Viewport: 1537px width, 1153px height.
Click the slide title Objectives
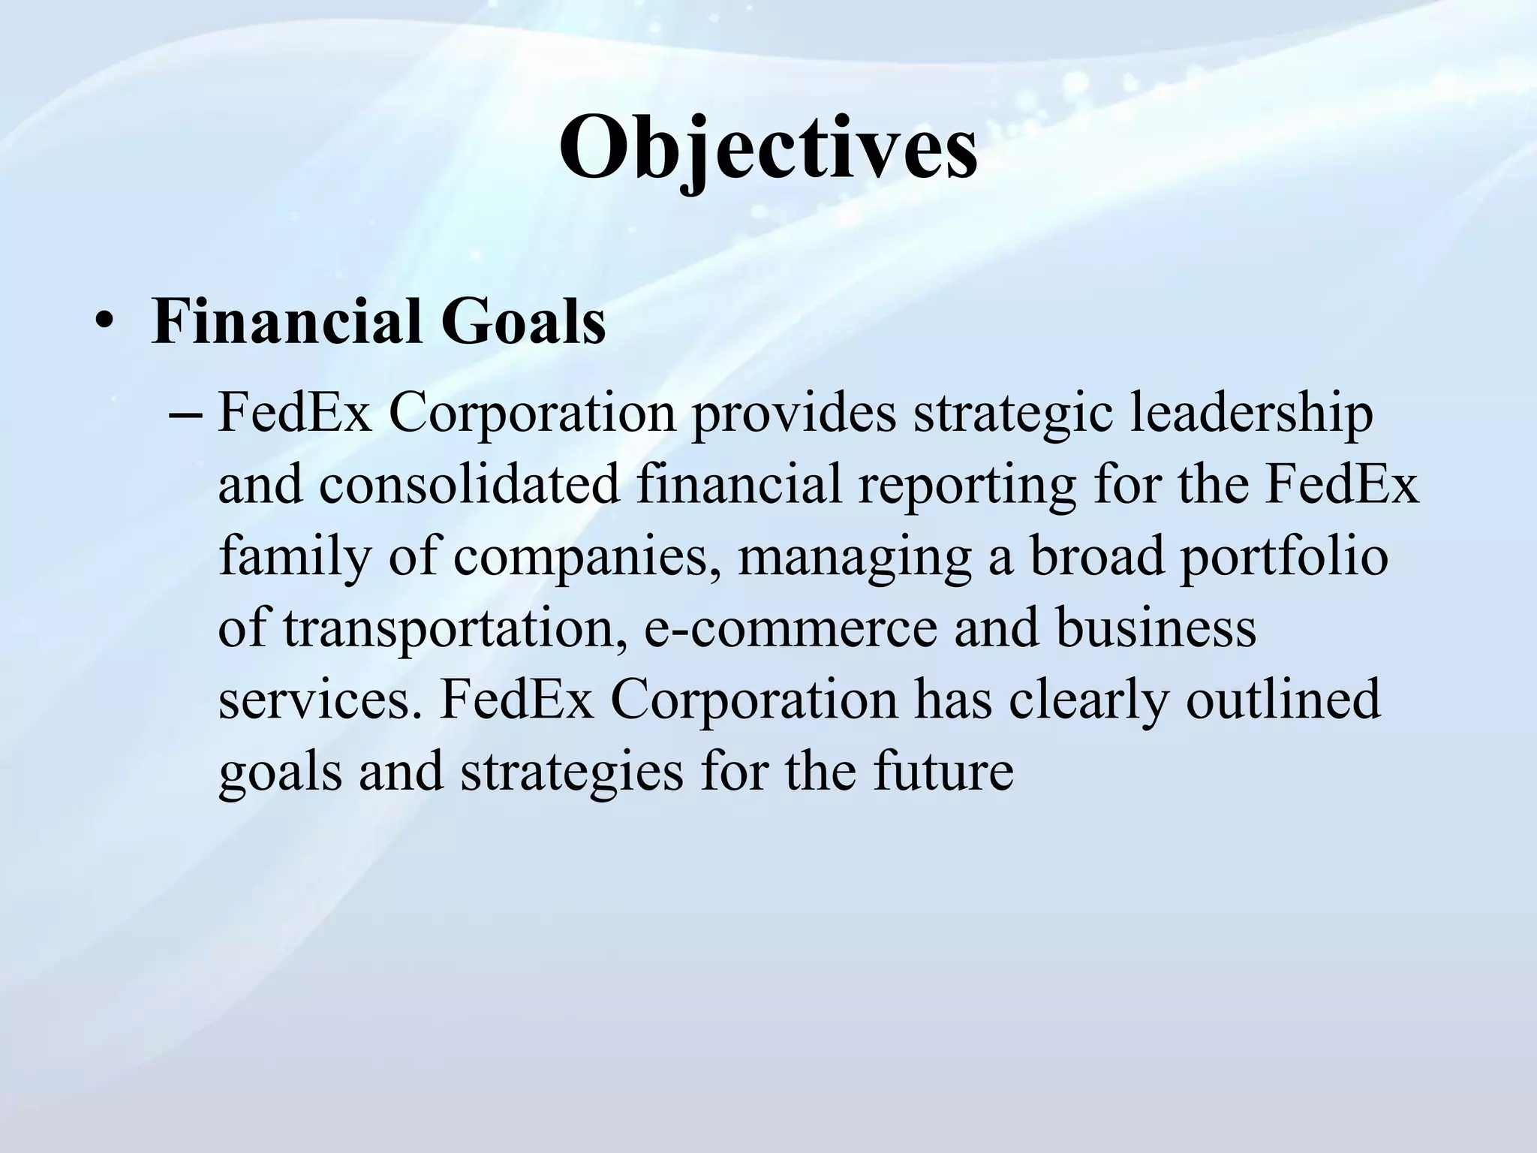pyautogui.click(x=768, y=149)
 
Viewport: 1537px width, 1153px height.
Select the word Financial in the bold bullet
pyautogui.click(x=286, y=321)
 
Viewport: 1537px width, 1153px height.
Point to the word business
pyautogui.click(x=1156, y=628)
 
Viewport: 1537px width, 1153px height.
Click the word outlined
pyautogui.click(x=1283, y=698)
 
